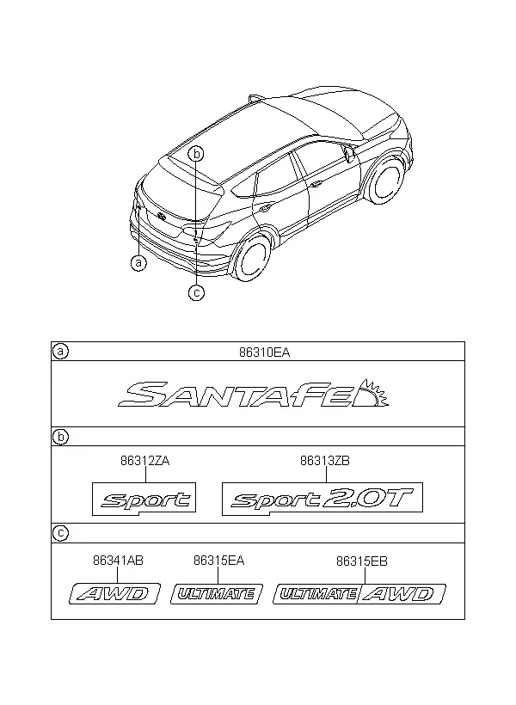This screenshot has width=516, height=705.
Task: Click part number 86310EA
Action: point(264,353)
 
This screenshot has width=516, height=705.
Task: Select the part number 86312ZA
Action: point(144,461)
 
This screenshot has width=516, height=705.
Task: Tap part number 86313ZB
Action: point(325,461)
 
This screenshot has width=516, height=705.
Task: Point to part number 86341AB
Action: point(118,561)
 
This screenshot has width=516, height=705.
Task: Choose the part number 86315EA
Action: point(218,561)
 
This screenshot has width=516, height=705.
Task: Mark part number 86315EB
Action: point(362,561)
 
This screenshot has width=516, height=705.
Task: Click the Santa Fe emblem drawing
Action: point(253,394)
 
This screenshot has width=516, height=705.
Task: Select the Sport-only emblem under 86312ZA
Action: point(144,499)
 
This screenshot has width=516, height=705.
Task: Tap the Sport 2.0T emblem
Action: point(322,499)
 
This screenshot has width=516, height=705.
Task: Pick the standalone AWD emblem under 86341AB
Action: point(114,594)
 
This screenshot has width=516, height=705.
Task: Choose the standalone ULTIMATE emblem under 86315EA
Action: point(217,594)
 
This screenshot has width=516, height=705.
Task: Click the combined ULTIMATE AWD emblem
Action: point(359,594)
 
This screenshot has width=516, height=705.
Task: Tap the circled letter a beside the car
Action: point(138,262)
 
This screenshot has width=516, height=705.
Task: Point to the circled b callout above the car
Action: point(196,154)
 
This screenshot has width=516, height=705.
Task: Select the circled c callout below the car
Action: point(196,292)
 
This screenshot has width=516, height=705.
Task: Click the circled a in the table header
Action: point(60,351)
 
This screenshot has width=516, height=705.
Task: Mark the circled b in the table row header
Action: point(60,437)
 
